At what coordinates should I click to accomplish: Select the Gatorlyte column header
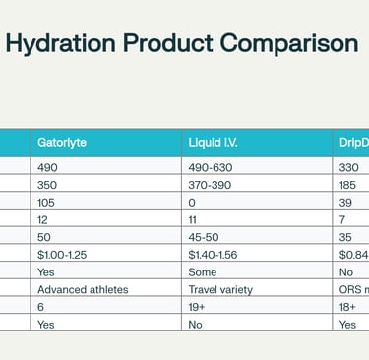pyautogui.click(x=62, y=142)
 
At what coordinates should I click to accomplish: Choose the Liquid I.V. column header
pyautogui.click(x=214, y=142)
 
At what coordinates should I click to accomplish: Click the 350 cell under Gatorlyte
pyautogui.click(x=48, y=184)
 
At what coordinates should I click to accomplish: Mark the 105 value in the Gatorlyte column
pyautogui.click(x=48, y=202)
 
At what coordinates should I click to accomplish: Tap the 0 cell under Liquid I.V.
pyautogui.click(x=192, y=202)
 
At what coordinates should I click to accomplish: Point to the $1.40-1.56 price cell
pyautogui.click(x=217, y=255)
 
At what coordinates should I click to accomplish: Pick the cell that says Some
pyautogui.click(x=203, y=272)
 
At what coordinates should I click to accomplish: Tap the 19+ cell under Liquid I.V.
pyautogui.click(x=197, y=307)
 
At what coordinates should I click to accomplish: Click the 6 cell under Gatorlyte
pyautogui.click(x=41, y=307)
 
